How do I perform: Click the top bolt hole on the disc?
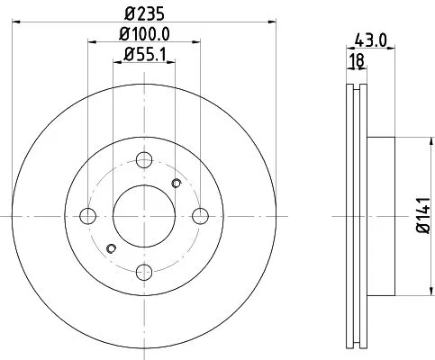point(144,161)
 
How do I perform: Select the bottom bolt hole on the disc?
point(144,271)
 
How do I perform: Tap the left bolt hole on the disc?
point(88,216)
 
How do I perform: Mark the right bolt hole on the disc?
point(200,216)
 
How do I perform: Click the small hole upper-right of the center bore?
point(177,184)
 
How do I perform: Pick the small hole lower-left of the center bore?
point(112,248)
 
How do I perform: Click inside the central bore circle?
point(144,216)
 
